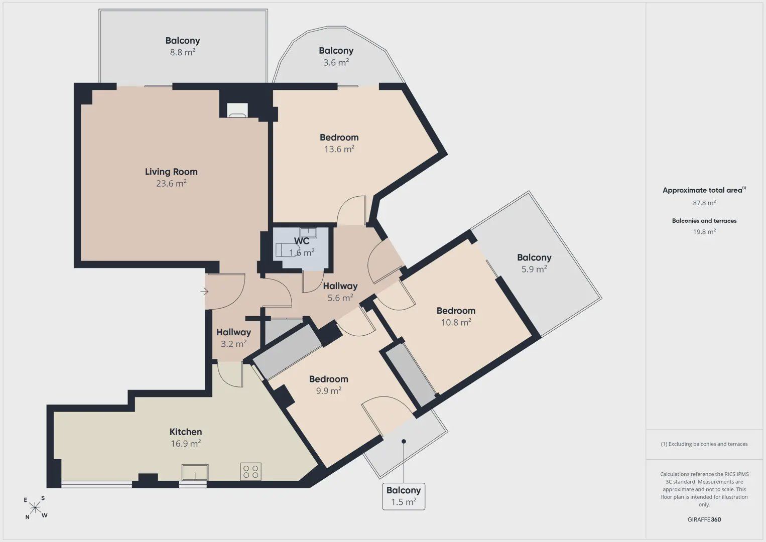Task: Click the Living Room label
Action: coord(171,172)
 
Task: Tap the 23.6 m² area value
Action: coord(171,183)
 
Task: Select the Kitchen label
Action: coord(186,432)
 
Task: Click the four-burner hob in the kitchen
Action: coord(250,472)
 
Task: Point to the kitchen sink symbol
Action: coord(195,472)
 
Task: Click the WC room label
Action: coord(302,241)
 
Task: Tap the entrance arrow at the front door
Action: coord(204,292)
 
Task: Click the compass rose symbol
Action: coord(35,508)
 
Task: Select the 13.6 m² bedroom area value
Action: coord(339,149)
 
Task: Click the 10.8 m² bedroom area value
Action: coord(456,322)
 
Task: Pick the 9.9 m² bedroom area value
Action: coord(329,390)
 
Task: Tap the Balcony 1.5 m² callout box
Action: coord(404,496)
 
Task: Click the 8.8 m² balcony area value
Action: coord(183,52)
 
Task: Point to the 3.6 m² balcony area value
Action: coord(336,62)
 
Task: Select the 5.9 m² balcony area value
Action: coord(534,269)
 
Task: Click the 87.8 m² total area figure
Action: coord(704,203)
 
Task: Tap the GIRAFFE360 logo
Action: coord(704,519)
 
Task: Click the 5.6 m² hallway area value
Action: coord(340,298)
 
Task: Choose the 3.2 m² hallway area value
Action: coord(233,344)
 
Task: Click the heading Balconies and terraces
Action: coord(704,221)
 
